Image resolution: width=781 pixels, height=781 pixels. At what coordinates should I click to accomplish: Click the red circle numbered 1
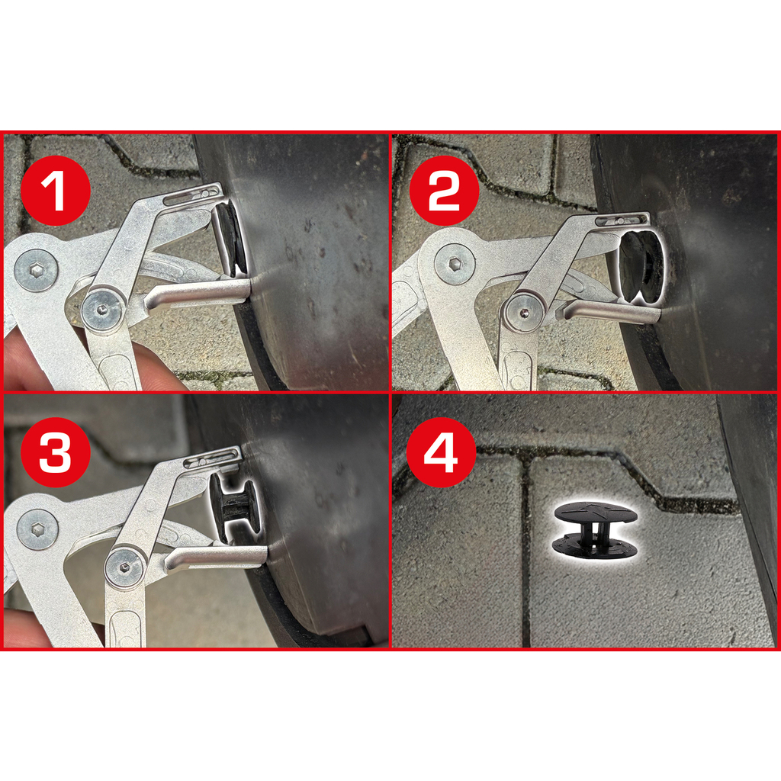pyautogui.click(x=55, y=190)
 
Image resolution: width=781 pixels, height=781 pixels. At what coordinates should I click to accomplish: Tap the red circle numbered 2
pyautogui.click(x=444, y=190)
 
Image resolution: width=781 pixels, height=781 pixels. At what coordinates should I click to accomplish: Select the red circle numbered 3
pyautogui.click(x=55, y=452)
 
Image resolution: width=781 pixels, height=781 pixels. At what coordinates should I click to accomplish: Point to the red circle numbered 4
pyautogui.click(x=442, y=452)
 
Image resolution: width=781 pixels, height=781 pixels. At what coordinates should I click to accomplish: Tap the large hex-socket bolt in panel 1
pyautogui.click(x=36, y=272)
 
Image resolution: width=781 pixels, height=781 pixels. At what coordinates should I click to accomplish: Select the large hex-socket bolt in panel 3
pyautogui.click(x=37, y=529)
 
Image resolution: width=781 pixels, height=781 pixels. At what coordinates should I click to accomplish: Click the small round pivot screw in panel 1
pyautogui.click(x=103, y=310)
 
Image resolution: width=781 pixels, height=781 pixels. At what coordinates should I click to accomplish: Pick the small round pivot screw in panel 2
pyautogui.click(x=525, y=313)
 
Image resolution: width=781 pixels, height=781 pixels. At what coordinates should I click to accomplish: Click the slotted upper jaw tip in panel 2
pyautogui.click(x=622, y=220)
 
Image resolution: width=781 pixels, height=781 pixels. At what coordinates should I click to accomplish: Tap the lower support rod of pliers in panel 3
pyautogui.click(x=216, y=559)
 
